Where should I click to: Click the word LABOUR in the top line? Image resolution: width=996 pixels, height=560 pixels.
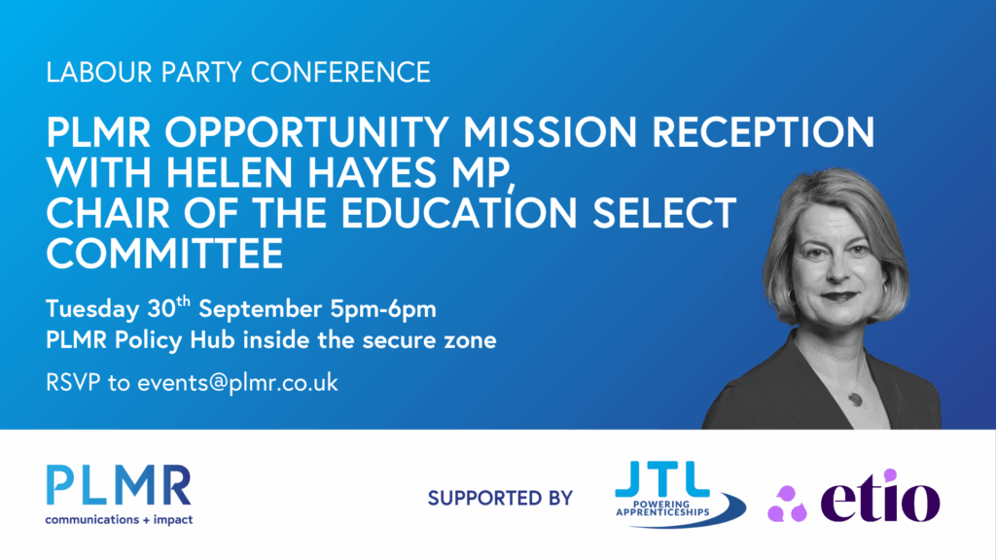pyautogui.click(x=99, y=72)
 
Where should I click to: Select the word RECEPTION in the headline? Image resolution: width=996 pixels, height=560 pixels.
pyautogui.click(x=763, y=132)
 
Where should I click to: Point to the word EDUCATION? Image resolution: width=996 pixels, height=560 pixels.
pyautogui.click(x=459, y=213)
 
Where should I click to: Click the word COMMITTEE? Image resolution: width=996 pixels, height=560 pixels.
pyautogui.click(x=164, y=254)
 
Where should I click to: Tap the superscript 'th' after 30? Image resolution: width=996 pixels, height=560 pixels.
pyautogui.click(x=183, y=300)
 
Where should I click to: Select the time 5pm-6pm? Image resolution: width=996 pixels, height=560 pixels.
pyautogui.click(x=383, y=310)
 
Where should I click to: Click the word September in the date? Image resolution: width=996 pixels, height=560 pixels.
pyautogui.click(x=260, y=310)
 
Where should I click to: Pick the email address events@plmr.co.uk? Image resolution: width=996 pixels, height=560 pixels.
pyautogui.click(x=237, y=383)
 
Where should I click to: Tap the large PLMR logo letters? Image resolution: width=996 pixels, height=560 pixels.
pyautogui.click(x=119, y=485)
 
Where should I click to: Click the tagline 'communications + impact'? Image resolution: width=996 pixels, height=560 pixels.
pyautogui.click(x=119, y=519)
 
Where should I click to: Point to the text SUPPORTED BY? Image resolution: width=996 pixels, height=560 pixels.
pyautogui.click(x=501, y=499)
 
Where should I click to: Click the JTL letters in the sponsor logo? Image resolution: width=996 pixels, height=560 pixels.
pyautogui.click(x=662, y=478)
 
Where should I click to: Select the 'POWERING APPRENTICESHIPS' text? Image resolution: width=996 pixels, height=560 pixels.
pyautogui.click(x=662, y=507)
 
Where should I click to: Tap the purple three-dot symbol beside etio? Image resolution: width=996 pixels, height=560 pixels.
pyautogui.click(x=787, y=504)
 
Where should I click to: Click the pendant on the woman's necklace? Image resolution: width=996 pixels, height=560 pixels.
pyautogui.click(x=856, y=400)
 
